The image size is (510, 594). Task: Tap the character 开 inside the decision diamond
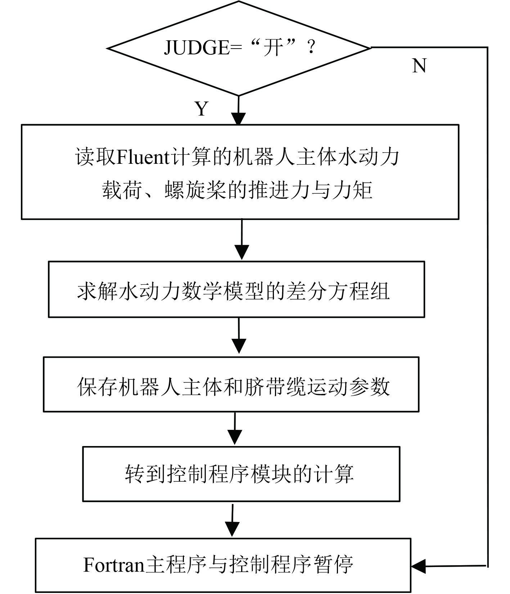(x=272, y=47)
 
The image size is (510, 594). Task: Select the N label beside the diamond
(x=419, y=66)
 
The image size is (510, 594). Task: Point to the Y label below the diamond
(x=202, y=108)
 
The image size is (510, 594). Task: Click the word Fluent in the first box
(x=143, y=157)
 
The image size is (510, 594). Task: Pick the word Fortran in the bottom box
(x=114, y=564)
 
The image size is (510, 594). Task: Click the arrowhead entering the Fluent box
(x=239, y=119)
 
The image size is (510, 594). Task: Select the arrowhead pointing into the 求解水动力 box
(x=242, y=252)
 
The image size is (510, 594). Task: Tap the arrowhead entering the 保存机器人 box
(x=239, y=346)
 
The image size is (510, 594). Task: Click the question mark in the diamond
(x=311, y=47)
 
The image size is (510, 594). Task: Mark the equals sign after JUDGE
(x=236, y=48)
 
